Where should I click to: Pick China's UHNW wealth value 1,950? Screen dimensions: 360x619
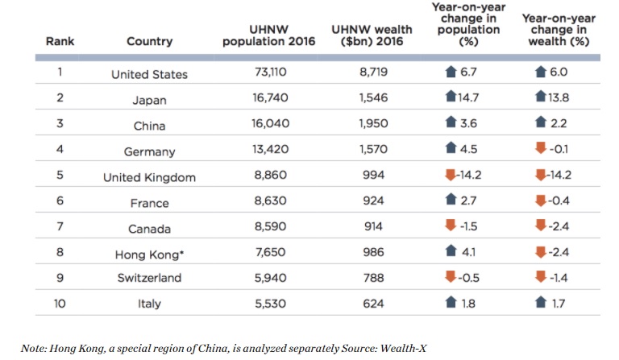372,126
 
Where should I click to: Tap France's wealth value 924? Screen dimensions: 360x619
372,203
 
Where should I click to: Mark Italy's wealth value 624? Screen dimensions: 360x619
372,305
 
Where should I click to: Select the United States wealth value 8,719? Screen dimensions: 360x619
372,74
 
